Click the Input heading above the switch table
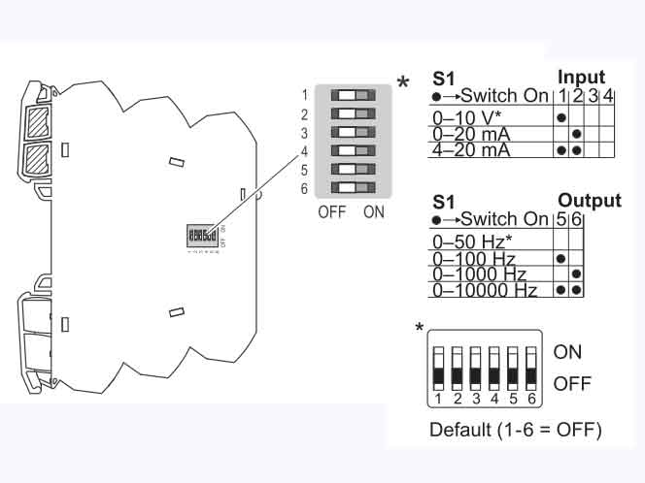click(581, 78)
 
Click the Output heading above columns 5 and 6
click(590, 202)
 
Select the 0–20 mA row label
click(470, 133)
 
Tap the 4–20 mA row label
click(470, 150)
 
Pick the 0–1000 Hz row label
click(478, 274)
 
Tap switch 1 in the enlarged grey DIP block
click(352, 96)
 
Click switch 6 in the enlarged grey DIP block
click(352, 187)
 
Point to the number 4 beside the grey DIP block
click(305, 151)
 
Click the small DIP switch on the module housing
click(201, 236)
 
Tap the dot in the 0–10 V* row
click(562, 116)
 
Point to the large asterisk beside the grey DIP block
click(403, 83)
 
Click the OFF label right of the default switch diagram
click(571, 385)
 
